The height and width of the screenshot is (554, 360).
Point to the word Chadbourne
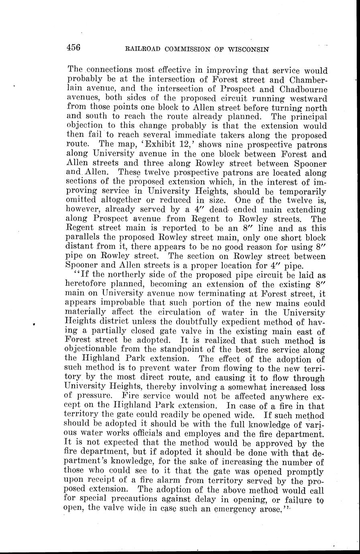point(303,89)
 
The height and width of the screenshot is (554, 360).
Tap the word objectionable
point(98,349)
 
